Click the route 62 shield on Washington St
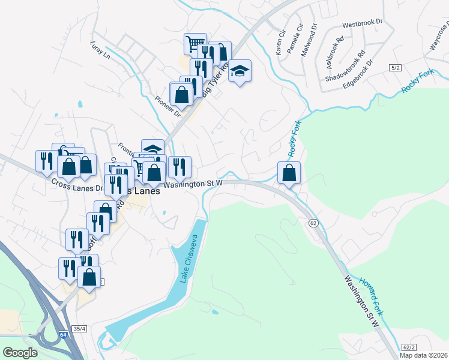(x=313, y=223)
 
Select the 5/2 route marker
(x=394, y=68)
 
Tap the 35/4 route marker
(x=80, y=329)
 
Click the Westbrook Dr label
(x=362, y=24)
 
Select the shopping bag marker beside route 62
(x=289, y=173)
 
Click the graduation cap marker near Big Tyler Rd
(x=240, y=71)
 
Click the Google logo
(x=20, y=353)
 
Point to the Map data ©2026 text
(x=423, y=355)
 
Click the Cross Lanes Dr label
(x=77, y=184)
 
